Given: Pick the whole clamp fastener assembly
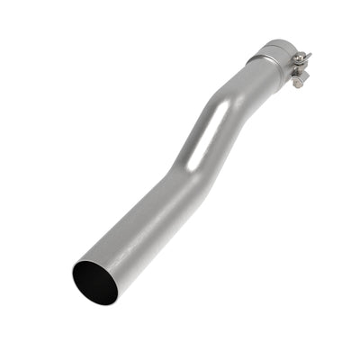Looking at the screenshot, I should (x=299, y=67).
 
